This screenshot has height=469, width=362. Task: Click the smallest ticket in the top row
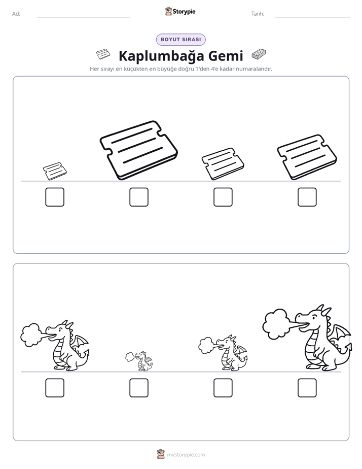(55, 171)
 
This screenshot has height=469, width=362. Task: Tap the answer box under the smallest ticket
(55, 197)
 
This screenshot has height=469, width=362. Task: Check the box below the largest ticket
(139, 197)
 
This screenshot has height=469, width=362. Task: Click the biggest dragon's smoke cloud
(275, 324)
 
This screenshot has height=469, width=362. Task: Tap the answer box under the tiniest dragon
(139, 388)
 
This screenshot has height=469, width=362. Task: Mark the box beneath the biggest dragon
(307, 388)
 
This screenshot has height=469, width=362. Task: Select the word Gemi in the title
(226, 56)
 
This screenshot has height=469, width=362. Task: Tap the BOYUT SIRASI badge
(180, 40)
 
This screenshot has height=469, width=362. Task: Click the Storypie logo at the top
(180, 11)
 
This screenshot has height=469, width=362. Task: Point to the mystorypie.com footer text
(186, 455)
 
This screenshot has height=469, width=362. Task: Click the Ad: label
(16, 14)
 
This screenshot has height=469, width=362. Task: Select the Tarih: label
(258, 14)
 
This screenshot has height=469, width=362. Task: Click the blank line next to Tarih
(312, 17)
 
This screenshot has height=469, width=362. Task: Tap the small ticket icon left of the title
(103, 54)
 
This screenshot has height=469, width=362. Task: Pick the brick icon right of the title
(259, 54)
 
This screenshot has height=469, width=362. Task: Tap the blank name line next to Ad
(83, 17)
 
